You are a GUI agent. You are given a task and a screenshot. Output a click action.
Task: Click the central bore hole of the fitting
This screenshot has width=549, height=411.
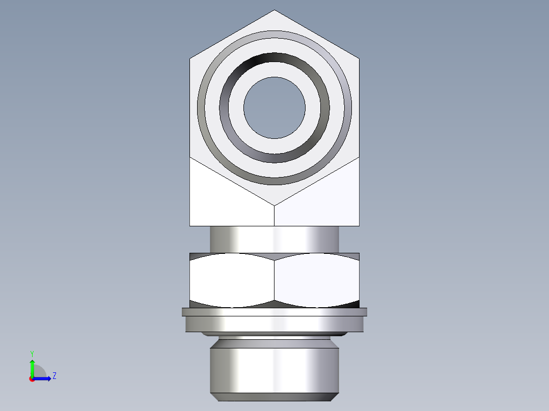coord(274,107)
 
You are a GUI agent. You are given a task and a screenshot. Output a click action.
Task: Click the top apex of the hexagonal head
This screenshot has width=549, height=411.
coord(274,11)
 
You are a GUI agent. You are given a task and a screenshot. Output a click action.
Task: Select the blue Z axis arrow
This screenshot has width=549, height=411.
coord(43,378)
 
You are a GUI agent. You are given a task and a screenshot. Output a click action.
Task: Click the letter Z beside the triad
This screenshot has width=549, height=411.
coord(54,376)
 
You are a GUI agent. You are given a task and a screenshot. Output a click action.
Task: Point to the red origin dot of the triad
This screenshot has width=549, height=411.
coord(32,378)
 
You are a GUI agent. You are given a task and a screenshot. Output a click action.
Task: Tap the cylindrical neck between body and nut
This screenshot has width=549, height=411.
coord(274,239)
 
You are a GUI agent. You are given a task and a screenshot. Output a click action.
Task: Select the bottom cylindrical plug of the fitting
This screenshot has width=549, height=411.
coord(274,369)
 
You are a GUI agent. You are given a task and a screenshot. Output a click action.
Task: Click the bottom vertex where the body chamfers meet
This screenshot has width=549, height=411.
coord(274,206)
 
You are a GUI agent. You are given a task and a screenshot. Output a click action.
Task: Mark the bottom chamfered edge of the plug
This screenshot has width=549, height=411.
coord(274,397)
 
